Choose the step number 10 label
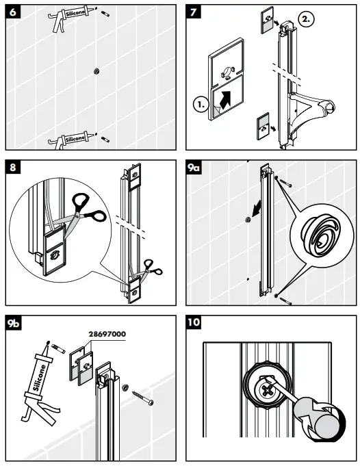(198, 322)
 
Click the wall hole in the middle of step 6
(97, 70)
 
